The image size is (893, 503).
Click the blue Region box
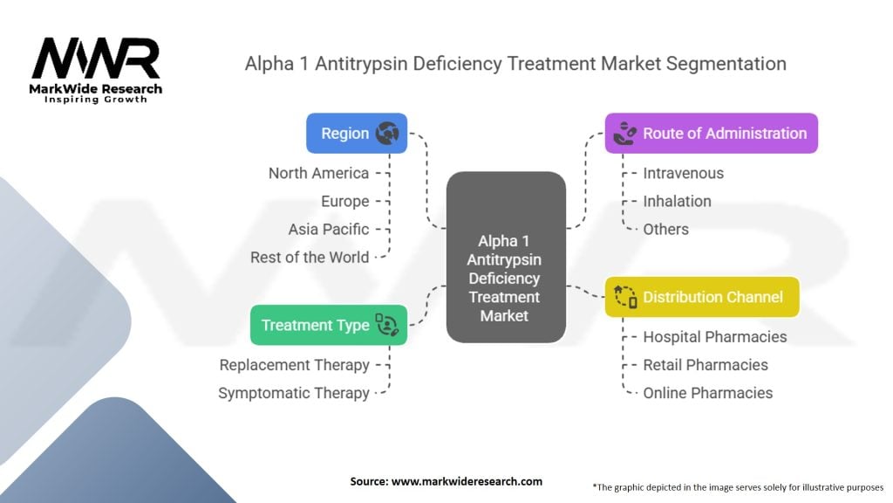coord(357,134)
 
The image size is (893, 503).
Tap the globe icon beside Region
coord(387,134)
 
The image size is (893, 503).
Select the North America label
coord(318,173)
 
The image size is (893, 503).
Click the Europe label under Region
coord(344,201)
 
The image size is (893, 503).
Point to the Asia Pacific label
coord(329,229)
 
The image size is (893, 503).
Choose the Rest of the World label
coord(310,257)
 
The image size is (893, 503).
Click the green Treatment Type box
coord(329,325)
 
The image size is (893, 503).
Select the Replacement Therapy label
coord(294,365)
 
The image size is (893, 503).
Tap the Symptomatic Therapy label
coord(294,393)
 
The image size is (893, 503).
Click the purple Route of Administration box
coord(712,134)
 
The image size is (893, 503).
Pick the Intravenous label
coord(683,173)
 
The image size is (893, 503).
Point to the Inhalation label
coord(677,201)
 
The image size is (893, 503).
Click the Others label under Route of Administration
coord(665,229)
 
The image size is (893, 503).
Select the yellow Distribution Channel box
coord(702,297)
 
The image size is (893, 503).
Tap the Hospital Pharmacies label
coord(714,337)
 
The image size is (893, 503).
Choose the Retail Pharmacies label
coord(706,365)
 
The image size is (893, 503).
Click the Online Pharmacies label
coord(707,393)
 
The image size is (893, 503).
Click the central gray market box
coord(506,257)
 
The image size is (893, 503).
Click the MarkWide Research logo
coord(96,70)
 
